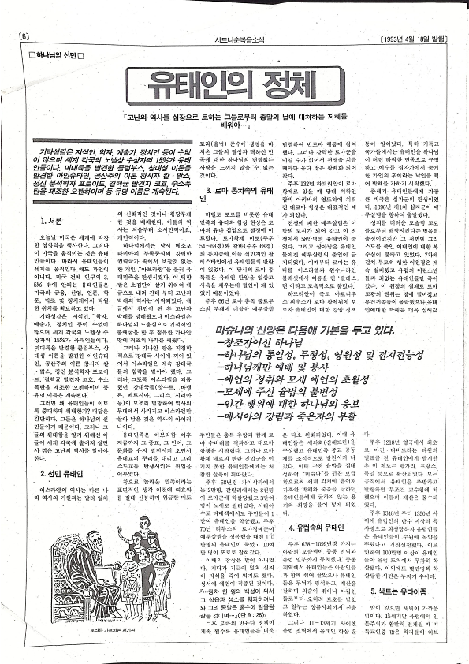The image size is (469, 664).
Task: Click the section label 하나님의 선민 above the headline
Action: click(58, 55)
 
